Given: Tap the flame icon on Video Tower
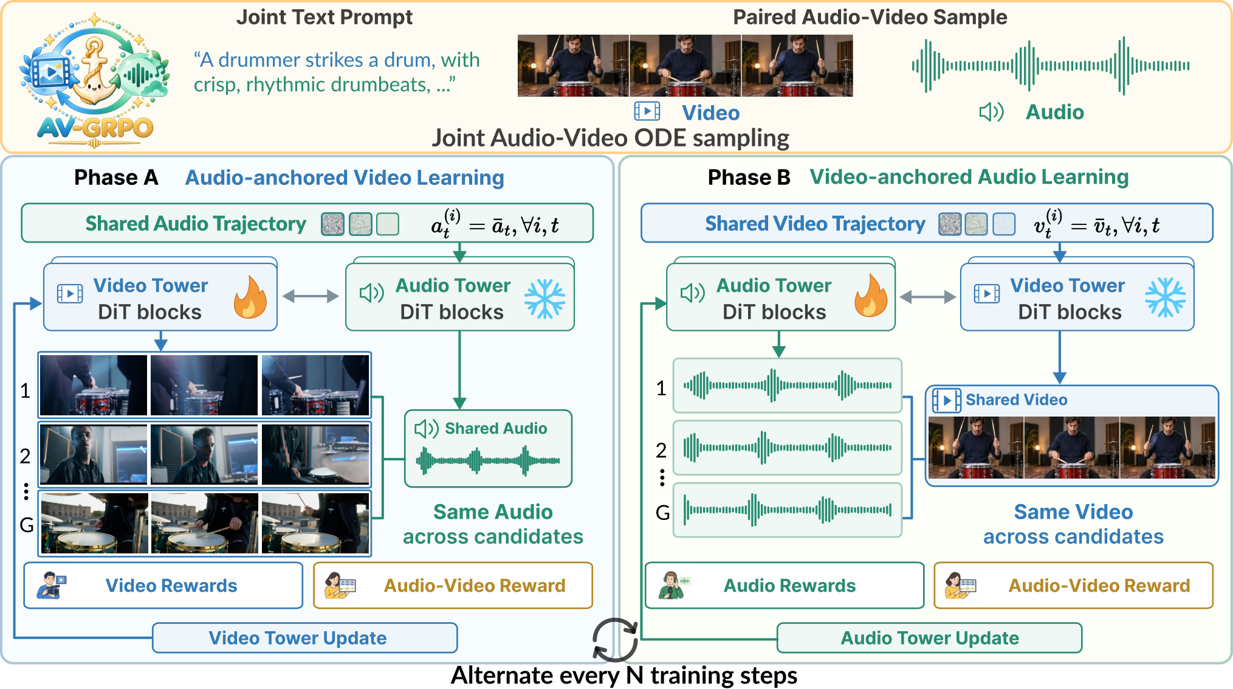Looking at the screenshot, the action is (x=250, y=297).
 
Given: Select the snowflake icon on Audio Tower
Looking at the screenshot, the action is (x=544, y=299).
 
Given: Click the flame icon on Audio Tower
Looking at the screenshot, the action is (x=871, y=296).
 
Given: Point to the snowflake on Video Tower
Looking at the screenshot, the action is (x=1165, y=297).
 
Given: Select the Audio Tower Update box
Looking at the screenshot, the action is (x=929, y=638).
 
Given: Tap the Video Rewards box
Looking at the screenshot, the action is (x=163, y=585).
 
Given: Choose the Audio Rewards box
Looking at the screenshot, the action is (x=785, y=585).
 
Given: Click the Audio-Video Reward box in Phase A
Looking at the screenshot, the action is (x=453, y=585).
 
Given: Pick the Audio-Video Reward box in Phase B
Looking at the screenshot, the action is (x=1074, y=585).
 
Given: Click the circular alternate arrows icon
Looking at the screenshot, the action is (x=614, y=640).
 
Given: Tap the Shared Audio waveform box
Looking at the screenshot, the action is (x=488, y=449).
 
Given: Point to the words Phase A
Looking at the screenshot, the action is (x=116, y=178).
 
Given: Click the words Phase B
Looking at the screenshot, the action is (x=749, y=178).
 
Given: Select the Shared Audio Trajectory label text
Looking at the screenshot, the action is (x=196, y=224).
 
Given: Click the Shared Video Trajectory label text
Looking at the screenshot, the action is (x=815, y=224).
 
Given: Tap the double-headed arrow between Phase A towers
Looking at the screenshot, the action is (x=311, y=296).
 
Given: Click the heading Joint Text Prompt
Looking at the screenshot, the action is (x=324, y=17).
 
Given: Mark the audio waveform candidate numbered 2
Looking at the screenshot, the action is (x=787, y=448).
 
